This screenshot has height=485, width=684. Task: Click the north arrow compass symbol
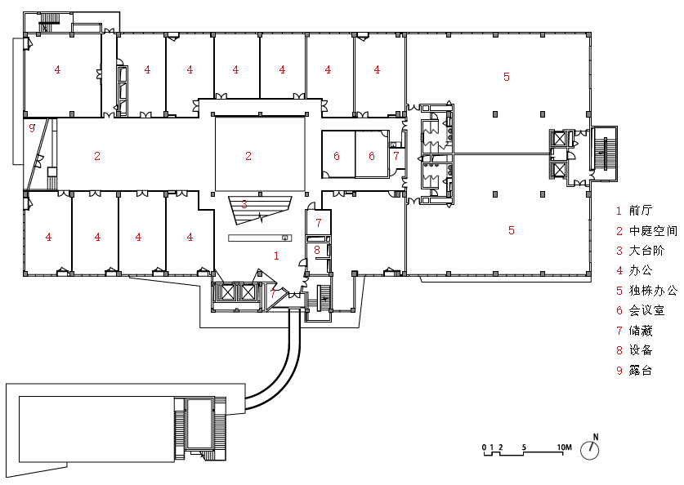(590, 449)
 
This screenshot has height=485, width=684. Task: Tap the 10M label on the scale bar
(564, 447)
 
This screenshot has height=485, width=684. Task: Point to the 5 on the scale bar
(524, 447)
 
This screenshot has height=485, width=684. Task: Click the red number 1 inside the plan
(276, 256)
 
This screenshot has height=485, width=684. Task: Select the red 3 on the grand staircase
(244, 204)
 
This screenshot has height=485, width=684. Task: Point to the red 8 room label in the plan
(317, 250)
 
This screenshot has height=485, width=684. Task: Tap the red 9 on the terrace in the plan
(32, 128)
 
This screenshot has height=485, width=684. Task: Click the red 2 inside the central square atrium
(248, 156)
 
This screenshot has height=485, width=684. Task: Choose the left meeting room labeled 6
(338, 154)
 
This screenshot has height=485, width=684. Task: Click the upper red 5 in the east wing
(507, 77)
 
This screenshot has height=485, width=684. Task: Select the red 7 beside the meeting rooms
(396, 156)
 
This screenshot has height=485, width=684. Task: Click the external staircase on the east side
(604, 154)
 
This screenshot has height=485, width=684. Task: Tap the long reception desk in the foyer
(260, 238)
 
